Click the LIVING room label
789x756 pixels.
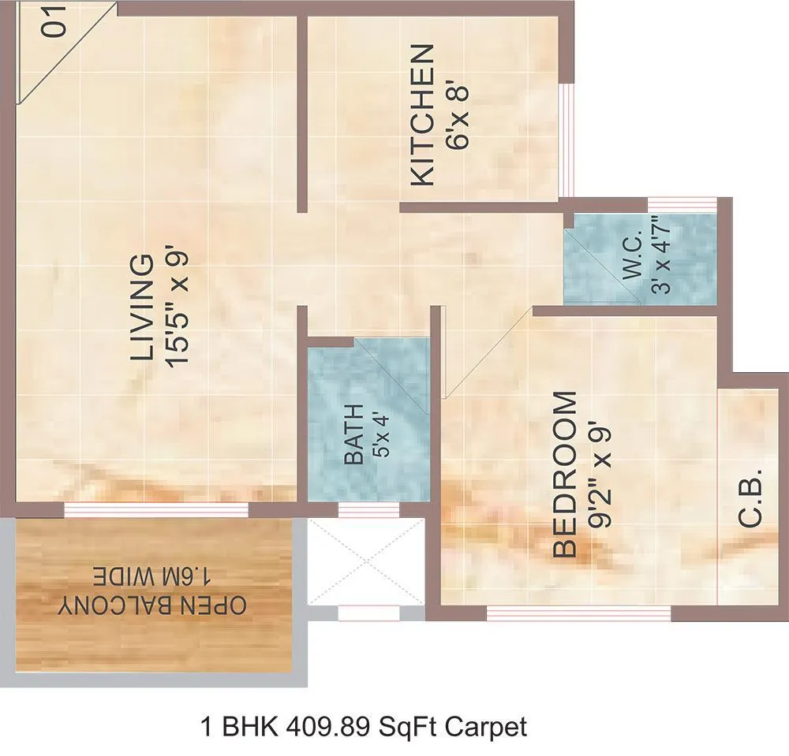tap(143, 307)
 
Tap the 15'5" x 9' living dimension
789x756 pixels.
tap(179, 307)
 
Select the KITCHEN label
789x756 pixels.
tap(423, 115)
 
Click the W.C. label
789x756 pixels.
tap(636, 263)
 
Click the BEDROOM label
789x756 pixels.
tap(564, 475)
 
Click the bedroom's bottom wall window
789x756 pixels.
tap(578, 613)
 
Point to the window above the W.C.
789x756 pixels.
tap(682, 205)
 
